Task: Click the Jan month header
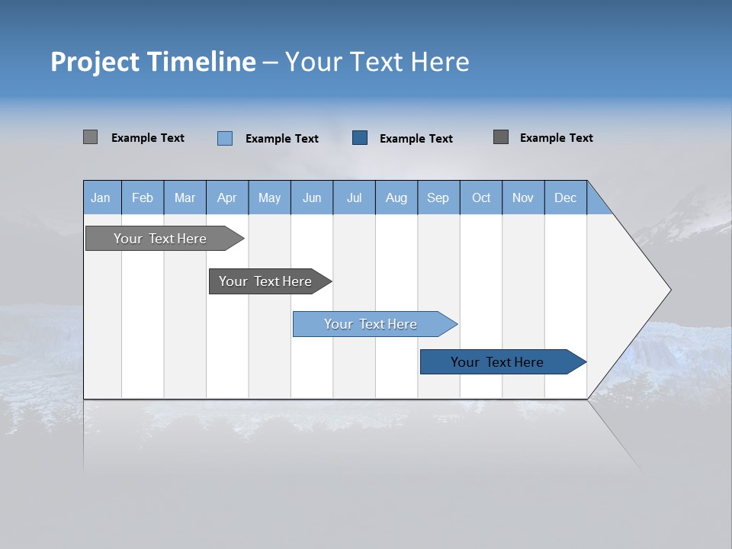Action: pyautogui.click(x=101, y=197)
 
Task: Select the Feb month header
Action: pyautogui.click(x=143, y=197)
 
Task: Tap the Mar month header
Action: pyautogui.click(x=185, y=197)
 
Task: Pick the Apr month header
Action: pyautogui.click(x=227, y=197)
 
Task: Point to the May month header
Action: pyautogui.click(x=269, y=197)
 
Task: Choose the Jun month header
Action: pyautogui.click(x=312, y=197)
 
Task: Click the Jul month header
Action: pyautogui.click(x=354, y=197)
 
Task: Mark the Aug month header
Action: pyautogui.click(x=396, y=197)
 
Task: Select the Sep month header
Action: pyautogui.click(x=438, y=197)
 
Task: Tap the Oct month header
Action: pyautogui.click(x=481, y=197)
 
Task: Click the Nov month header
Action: pyautogui.click(x=523, y=197)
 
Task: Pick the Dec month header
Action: pyautogui.click(x=566, y=197)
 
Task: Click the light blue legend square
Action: pyautogui.click(x=225, y=138)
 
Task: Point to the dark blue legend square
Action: pyautogui.click(x=360, y=138)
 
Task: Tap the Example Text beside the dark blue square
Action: pyautogui.click(x=416, y=139)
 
